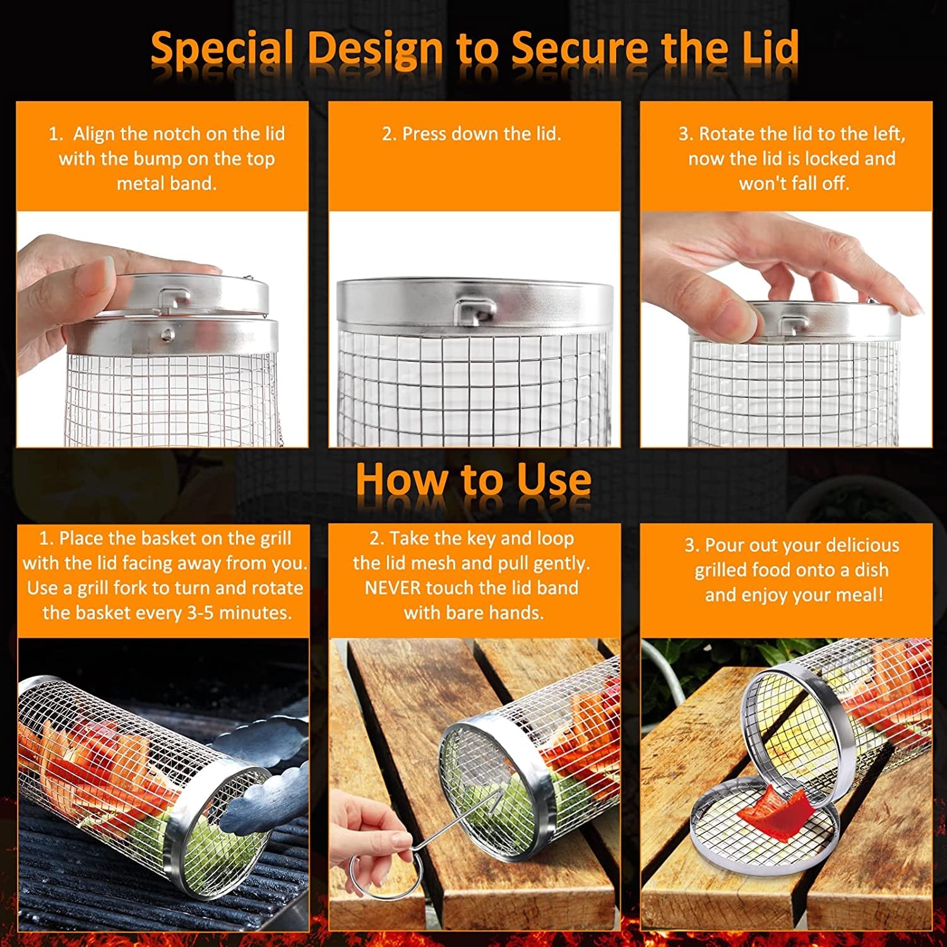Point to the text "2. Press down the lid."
(x=472, y=134)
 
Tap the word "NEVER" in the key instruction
(x=393, y=588)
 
